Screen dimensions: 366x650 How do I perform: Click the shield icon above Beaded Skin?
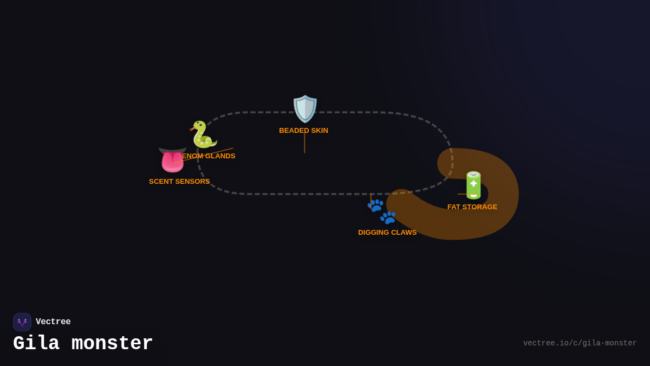305,109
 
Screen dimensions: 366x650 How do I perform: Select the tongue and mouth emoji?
172,160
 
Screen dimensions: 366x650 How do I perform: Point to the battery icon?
473,185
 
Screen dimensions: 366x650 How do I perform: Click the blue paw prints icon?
382,211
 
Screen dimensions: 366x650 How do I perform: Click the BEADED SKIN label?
303,131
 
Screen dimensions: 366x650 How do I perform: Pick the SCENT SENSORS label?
179,182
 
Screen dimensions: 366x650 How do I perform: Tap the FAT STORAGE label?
472,207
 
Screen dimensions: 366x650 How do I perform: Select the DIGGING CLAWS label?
387,233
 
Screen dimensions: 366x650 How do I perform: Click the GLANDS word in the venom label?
221,156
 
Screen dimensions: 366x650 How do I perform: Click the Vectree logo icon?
22,322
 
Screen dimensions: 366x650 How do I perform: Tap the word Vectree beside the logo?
53,322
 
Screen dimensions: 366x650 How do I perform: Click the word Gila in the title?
36,344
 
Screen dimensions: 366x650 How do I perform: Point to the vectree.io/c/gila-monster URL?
580,343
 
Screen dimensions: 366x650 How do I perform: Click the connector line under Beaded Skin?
304,144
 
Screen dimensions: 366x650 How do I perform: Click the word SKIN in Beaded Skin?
320,131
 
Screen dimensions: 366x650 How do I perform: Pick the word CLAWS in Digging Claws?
404,233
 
